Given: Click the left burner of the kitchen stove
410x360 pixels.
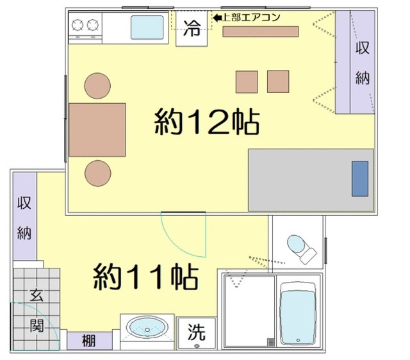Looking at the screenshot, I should (x=78, y=26).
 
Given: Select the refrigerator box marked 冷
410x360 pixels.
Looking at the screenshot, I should (x=192, y=29).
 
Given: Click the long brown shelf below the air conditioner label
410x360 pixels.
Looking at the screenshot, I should (x=261, y=31).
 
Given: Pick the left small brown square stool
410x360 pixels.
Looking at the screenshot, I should (x=247, y=81).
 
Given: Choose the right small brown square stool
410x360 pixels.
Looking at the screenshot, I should (x=279, y=81).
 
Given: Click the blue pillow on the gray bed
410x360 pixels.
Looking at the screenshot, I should (x=360, y=179).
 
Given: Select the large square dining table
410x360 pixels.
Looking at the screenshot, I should (x=97, y=129).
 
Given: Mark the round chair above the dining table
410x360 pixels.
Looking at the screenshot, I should (x=97, y=86).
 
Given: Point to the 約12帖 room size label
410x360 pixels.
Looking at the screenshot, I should (x=206, y=121).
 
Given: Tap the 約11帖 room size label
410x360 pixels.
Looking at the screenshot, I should (x=146, y=277).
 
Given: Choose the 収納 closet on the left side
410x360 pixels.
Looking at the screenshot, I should (x=24, y=217).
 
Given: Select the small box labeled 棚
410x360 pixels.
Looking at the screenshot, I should (x=88, y=341).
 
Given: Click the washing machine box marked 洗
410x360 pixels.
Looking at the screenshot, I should (x=197, y=332).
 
